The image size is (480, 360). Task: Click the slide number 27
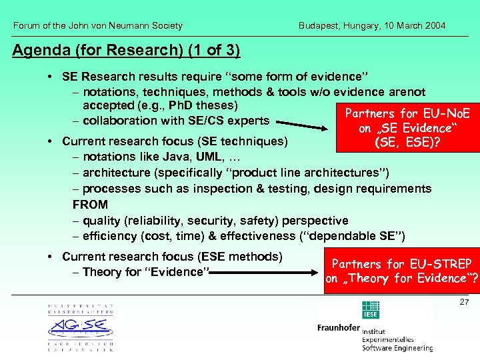point(465,302)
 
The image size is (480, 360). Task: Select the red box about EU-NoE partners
point(407,128)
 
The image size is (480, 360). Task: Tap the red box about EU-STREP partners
point(401,271)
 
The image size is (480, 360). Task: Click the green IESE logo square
point(370,311)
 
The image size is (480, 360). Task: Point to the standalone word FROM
point(90,205)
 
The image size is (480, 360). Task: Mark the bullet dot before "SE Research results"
point(51,77)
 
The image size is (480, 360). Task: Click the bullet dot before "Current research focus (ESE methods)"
point(51,257)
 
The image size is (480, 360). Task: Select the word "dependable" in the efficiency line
point(338,236)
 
